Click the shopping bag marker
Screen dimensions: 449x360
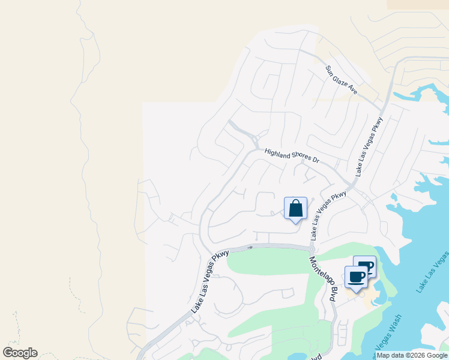coord(295,209)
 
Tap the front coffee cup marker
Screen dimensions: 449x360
coord(356,277)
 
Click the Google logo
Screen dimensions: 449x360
coord(20,353)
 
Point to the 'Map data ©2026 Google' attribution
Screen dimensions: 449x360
coord(412,355)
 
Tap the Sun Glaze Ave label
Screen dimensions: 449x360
coord(342,80)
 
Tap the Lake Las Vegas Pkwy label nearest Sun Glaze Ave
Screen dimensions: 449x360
coord(369,146)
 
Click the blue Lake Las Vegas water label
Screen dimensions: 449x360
coord(432,273)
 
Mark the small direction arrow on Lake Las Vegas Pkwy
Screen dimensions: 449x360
coord(250,247)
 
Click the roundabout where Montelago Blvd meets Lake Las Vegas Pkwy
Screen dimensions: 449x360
coord(312,248)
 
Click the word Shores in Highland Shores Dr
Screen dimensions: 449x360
coord(297,156)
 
